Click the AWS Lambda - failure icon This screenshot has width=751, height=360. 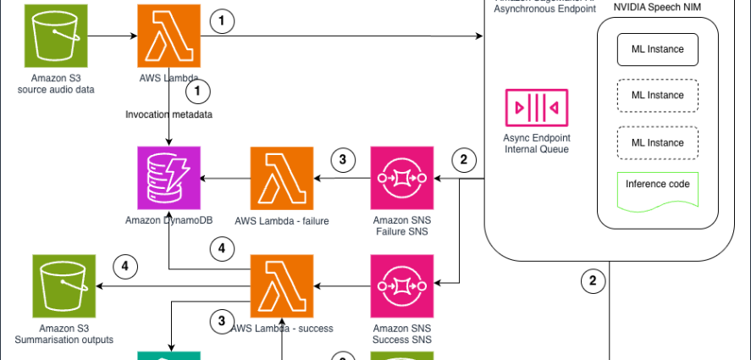click(x=281, y=179)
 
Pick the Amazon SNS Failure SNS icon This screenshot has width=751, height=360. click(x=402, y=179)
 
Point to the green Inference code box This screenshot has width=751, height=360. click(x=657, y=186)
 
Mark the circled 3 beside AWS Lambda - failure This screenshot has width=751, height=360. click(x=343, y=159)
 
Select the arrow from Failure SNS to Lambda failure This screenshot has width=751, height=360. click(x=343, y=180)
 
